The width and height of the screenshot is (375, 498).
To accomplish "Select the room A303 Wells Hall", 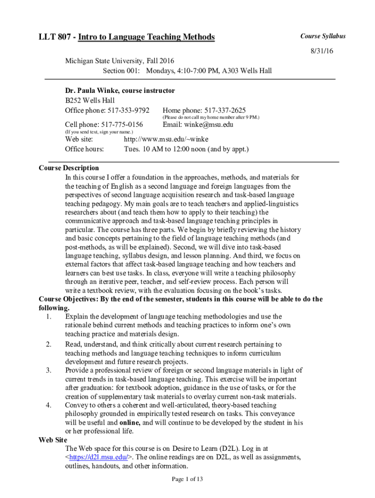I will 247,71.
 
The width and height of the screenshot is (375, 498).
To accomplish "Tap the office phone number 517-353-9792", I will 128,110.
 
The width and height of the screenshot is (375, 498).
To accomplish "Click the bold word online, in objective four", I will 130,422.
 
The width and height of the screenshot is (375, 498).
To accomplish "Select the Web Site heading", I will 53,440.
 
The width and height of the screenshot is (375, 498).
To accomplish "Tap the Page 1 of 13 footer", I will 187,479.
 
